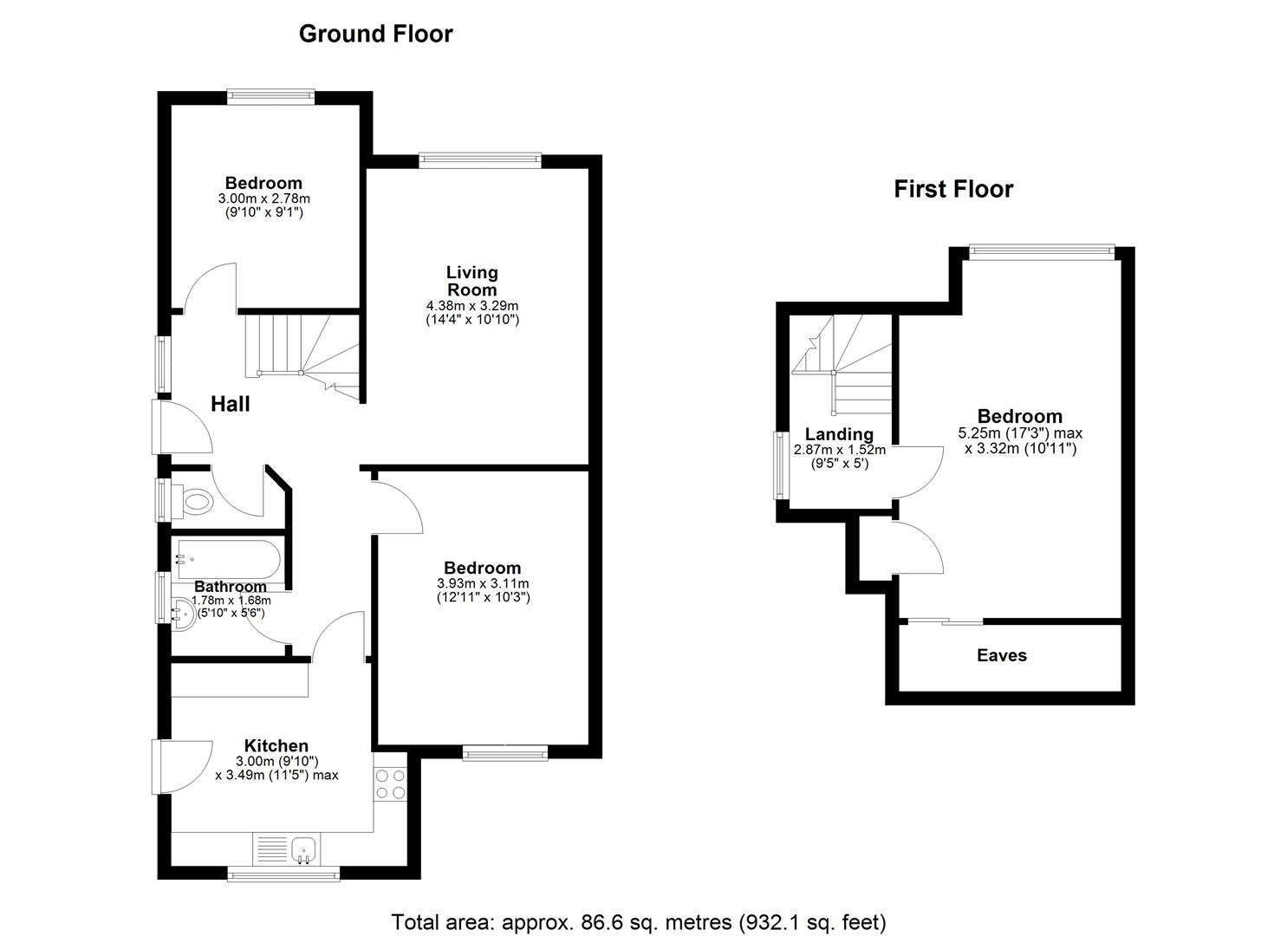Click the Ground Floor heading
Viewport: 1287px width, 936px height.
(x=376, y=34)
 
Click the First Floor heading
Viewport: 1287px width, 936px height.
(x=953, y=189)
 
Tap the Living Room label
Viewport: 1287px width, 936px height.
(x=471, y=281)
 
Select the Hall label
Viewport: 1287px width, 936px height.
(x=231, y=404)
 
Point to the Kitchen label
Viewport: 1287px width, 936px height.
(x=276, y=746)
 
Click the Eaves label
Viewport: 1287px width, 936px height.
(x=1002, y=655)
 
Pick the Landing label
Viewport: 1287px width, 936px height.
(x=839, y=434)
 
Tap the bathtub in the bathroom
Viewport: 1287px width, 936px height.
(x=229, y=559)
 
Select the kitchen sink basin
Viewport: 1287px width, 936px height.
(x=302, y=850)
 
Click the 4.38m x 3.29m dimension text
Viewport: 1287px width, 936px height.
(x=471, y=306)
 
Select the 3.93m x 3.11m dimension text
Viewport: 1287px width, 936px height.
(x=483, y=583)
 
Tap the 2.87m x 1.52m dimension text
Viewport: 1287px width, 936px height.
(x=840, y=450)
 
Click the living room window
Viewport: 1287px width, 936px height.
(x=480, y=160)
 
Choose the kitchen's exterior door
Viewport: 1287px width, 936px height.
(x=182, y=767)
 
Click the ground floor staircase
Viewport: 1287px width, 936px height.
(x=302, y=355)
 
